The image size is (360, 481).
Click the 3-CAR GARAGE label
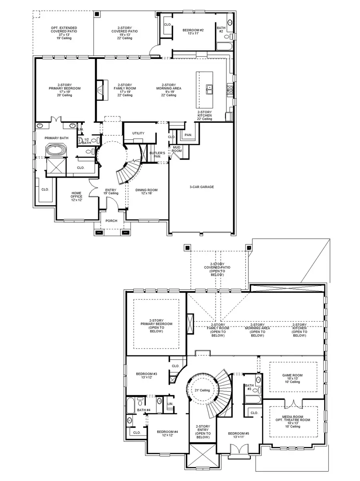click(x=202, y=187)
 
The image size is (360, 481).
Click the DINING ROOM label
click(x=146, y=192)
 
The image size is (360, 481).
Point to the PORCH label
click(x=111, y=221)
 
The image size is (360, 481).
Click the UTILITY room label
click(x=138, y=133)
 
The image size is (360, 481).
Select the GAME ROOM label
click(x=293, y=378)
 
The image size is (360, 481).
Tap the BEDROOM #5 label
click(x=238, y=435)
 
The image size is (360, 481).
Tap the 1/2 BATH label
click(x=86, y=141)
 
